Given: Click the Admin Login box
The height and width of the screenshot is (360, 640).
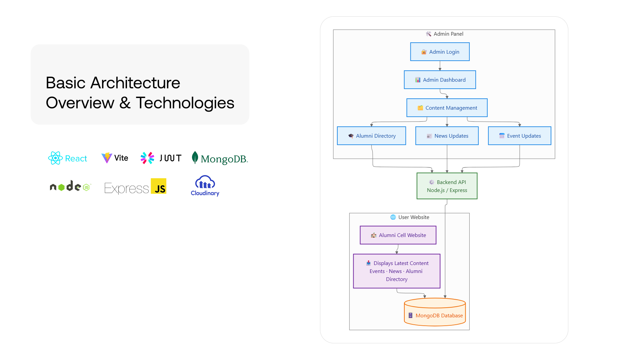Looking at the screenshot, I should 440,52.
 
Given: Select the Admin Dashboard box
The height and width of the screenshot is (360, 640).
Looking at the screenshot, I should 440,80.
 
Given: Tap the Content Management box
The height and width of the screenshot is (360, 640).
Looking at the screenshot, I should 447,108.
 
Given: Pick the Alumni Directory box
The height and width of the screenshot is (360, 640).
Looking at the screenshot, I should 371,136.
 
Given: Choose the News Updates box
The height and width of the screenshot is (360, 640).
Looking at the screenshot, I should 447,136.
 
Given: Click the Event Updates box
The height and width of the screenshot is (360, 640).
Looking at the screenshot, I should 519,136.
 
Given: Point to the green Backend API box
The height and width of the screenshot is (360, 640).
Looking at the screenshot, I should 447,186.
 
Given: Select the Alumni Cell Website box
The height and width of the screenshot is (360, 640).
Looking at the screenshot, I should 398,235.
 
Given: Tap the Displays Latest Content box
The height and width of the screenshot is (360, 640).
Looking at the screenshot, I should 397,271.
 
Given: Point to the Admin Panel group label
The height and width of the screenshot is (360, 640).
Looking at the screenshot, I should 445,34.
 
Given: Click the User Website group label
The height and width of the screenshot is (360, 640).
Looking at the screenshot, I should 410,217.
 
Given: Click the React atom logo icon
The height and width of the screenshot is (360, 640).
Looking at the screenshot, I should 55,158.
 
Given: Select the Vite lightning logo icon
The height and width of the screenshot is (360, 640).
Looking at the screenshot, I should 107,158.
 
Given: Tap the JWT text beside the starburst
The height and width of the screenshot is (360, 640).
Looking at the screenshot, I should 170,158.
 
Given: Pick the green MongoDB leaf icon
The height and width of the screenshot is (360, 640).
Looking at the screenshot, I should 195,157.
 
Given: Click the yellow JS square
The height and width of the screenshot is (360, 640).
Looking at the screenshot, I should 159,186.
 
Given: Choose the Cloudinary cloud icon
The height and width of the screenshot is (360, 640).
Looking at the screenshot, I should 205,182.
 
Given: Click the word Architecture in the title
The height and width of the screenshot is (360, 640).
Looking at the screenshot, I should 135,83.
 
